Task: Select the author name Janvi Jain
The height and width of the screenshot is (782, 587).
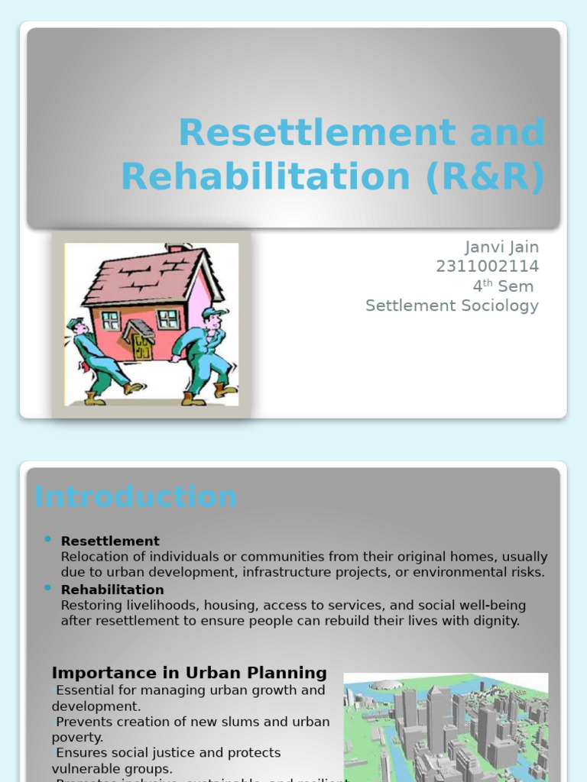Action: (x=501, y=247)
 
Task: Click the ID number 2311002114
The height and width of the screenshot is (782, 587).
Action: (x=487, y=267)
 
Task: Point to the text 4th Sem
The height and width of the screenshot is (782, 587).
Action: (x=504, y=286)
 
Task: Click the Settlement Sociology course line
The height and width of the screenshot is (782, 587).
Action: (x=452, y=305)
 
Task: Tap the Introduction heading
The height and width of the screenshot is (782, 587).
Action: (x=135, y=496)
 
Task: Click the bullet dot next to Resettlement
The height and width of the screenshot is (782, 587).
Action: (x=48, y=539)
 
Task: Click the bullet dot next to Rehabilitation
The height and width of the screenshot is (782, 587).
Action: (x=48, y=587)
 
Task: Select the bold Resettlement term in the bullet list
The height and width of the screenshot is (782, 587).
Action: (x=110, y=541)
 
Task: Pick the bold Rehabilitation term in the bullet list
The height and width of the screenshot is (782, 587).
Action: (x=112, y=590)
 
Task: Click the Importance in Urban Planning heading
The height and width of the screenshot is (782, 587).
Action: (x=189, y=673)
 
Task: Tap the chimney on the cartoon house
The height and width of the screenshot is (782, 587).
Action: (x=175, y=248)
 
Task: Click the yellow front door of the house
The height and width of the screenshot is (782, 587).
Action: (x=141, y=347)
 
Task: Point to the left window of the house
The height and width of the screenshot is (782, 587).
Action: (x=111, y=320)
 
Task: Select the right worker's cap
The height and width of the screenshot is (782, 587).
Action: (x=214, y=312)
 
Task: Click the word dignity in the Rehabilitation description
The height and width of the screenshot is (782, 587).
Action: (x=493, y=621)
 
